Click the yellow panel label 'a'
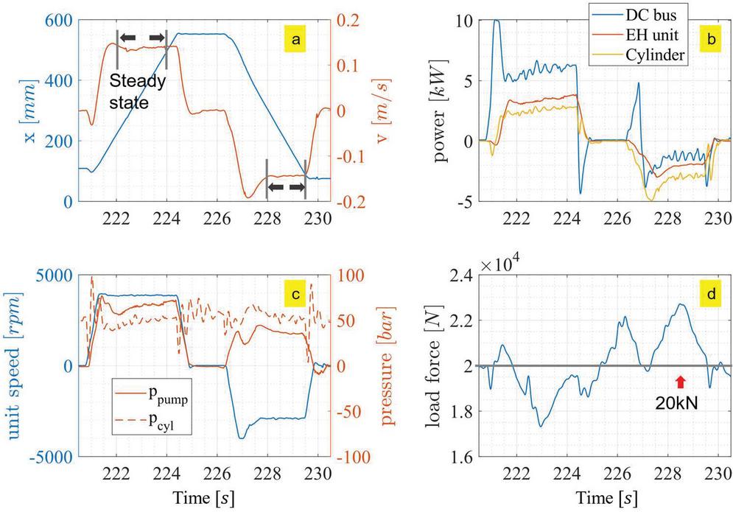296,41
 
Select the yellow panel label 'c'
296,295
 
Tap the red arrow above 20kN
680,381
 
